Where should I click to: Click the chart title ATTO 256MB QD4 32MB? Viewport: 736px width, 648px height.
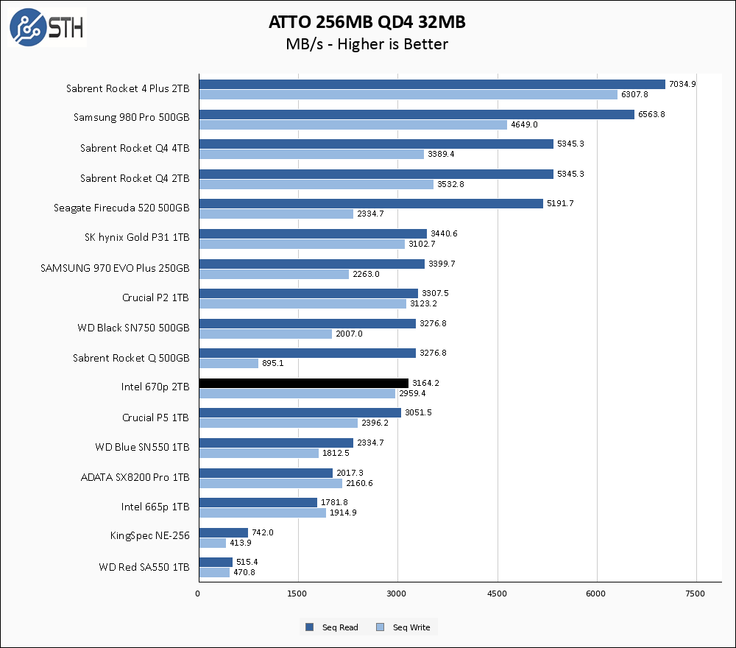point(367,23)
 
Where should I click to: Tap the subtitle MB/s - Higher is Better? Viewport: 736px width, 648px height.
point(367,45)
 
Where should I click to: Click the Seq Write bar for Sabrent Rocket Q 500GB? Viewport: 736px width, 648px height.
point(228,363)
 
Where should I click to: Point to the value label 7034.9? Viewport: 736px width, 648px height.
point(682,84)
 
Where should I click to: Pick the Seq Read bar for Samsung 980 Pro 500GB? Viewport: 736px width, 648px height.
point(416,114)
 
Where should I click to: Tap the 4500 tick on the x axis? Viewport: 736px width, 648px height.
point(498,594)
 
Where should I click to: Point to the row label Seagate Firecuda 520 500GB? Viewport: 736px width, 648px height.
point(121,208)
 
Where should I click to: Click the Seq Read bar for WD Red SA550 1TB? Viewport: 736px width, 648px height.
point(215,562)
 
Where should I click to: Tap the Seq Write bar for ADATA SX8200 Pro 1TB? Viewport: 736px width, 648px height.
point(270,483)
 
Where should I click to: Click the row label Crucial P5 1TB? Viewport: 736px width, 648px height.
point(155,418)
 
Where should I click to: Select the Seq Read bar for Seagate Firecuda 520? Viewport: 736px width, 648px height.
point(370,204)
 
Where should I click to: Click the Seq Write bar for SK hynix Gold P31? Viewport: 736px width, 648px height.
point(301,244)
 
